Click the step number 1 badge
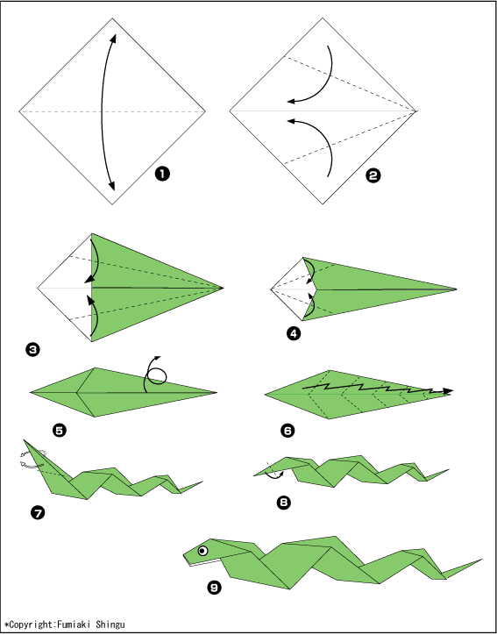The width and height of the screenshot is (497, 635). pyautogui.click(x=162, y=175)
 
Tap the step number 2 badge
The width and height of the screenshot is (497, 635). pyautogui.click(x=373, y=175)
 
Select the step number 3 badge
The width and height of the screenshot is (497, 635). pyautogui.click(x=32, y=349)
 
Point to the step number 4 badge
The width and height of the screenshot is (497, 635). pyautogui.click(x=294, y=333)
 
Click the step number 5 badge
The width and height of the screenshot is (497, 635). pyautogui.click(x=60, y=430)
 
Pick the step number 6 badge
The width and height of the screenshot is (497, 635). pyautogui.click(x=288, y=430)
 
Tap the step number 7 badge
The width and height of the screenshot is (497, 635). pyautogui.click(x=38, y=513)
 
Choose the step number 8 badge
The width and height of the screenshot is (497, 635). pyautogui.click(x=284, y=503)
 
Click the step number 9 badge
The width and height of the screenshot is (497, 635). pyautogui.click(x=214, y=588)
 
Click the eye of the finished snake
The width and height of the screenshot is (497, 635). pyautogui.click(x=202, y=551)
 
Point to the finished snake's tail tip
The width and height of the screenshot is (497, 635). pyautogui.click(x=481, y=560)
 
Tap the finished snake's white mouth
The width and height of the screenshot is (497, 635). pyautogui.click(x=202, y=563)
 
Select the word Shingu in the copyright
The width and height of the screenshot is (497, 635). pyautogui.click(x=110, y=624)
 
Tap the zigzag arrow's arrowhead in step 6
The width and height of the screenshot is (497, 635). pyautogui.click(x=448, y=391)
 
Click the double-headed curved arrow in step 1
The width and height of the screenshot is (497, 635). pyautogui.click(x=102, y=111)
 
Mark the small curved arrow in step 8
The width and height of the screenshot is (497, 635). pyautogui.click(x=274, y=476)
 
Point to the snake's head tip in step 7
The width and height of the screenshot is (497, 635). pyautogui.click(x=25, y=440)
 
